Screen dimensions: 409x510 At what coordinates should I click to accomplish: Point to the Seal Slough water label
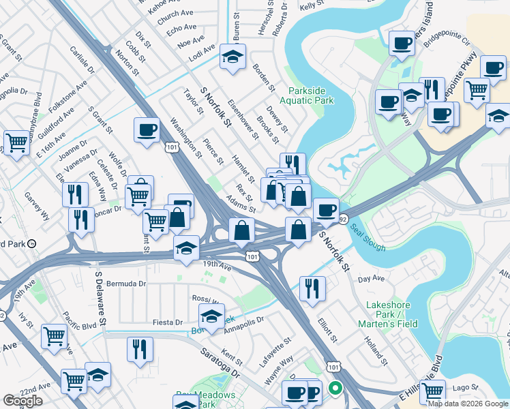(369, 237)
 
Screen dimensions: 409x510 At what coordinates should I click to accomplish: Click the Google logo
(22, 402)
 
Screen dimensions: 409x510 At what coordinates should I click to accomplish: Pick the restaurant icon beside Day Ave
(312, 286)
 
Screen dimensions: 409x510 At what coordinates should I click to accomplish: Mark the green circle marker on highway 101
(335, 389)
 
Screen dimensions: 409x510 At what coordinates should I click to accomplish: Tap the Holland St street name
(376, 351)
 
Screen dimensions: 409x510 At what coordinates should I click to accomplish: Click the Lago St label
(472, 386)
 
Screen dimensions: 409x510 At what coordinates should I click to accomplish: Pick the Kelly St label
(311, 5)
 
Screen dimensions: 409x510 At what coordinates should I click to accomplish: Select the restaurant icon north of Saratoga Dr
(140, 349)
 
